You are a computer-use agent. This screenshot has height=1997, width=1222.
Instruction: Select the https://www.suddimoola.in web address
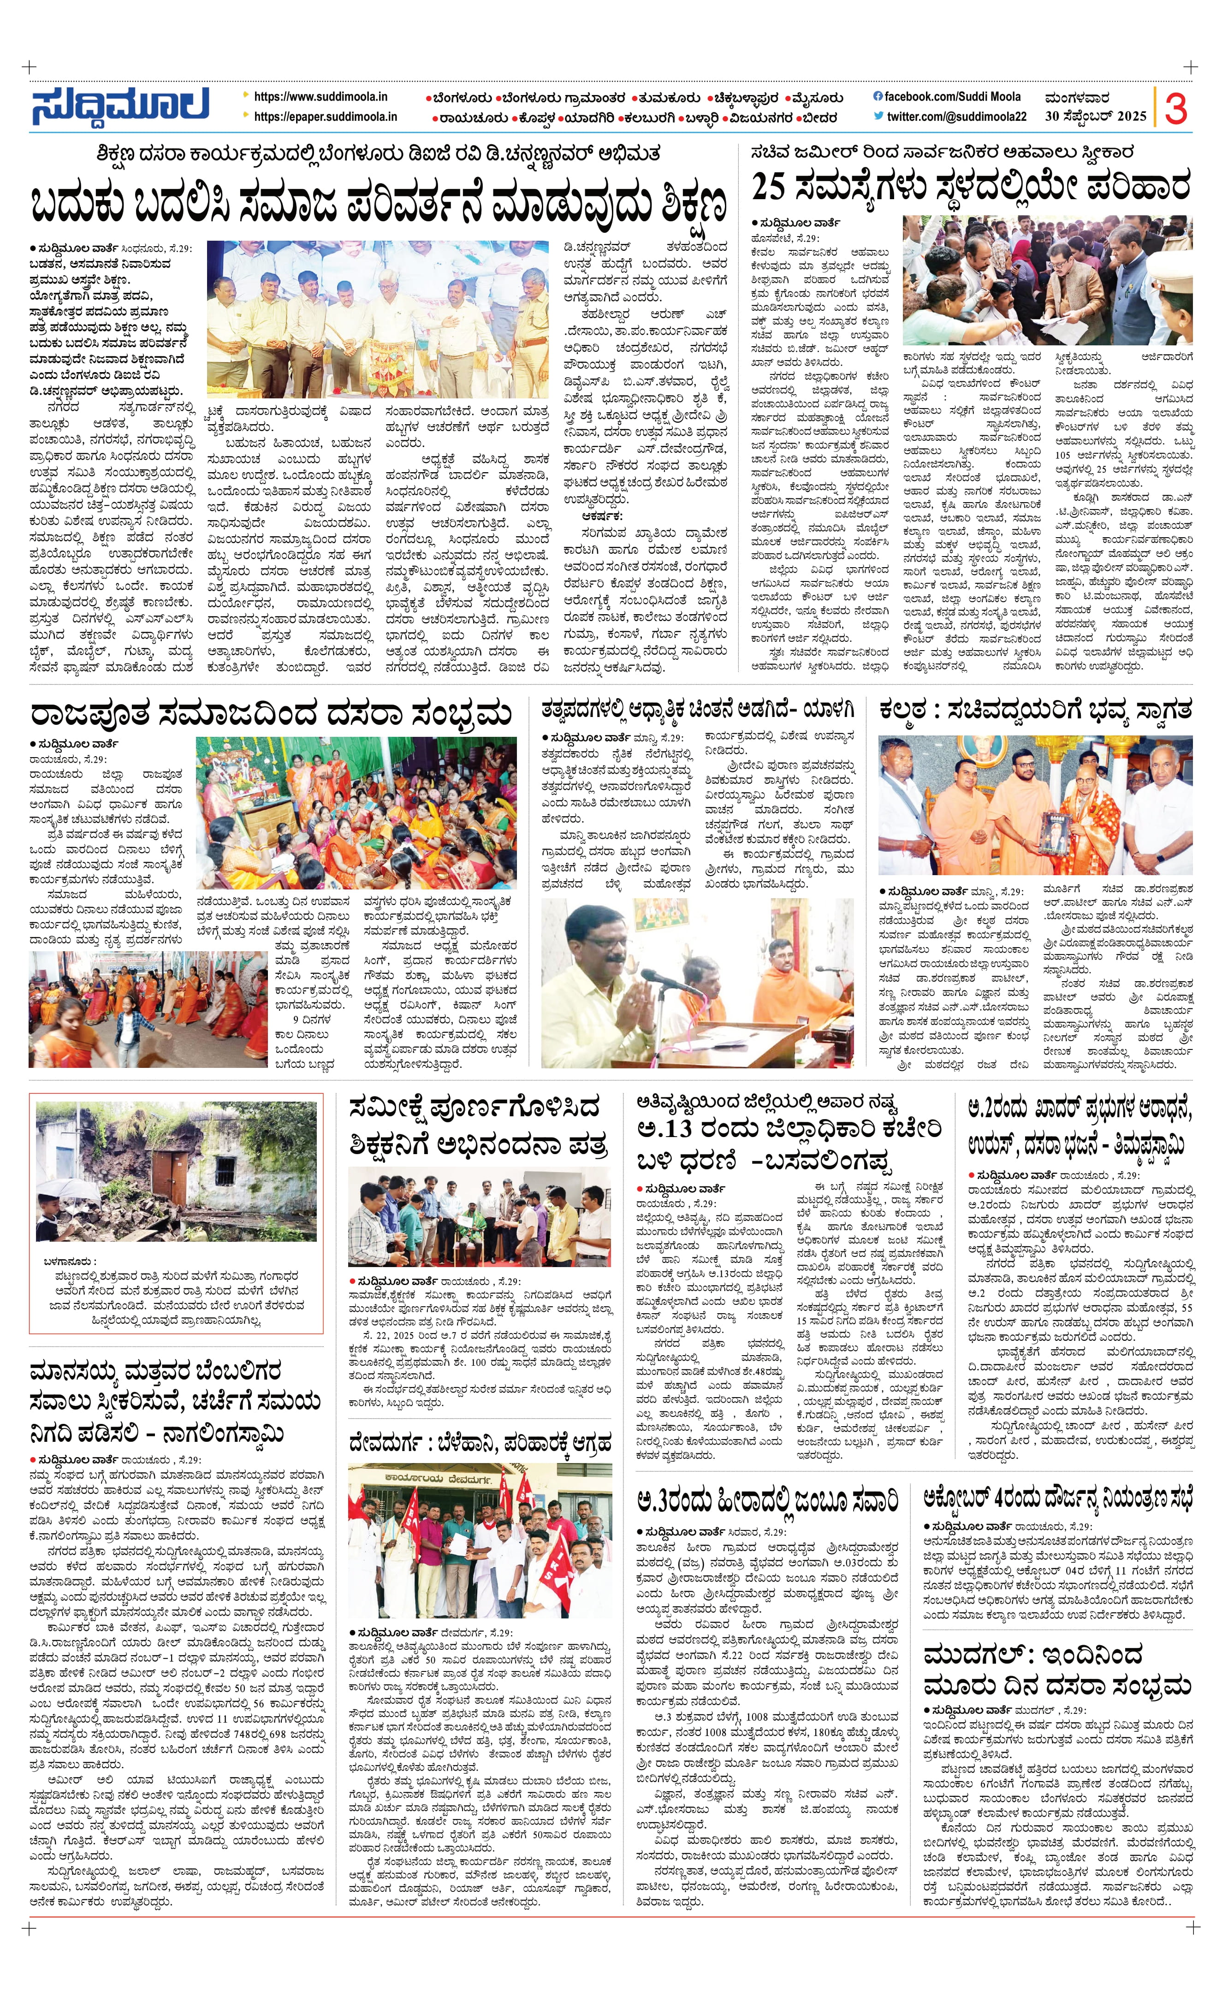[321, 96]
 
